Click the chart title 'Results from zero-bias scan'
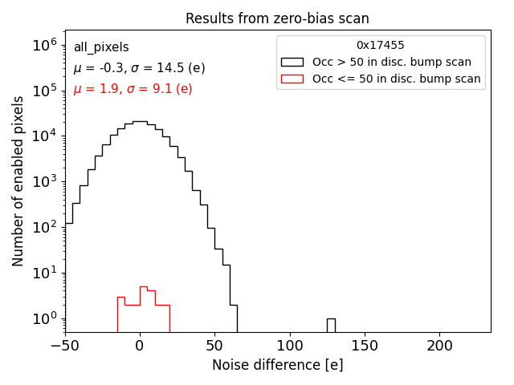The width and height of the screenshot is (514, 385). pyautogui.click(x=277, y=18)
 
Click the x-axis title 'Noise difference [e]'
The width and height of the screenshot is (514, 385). pyautogui.click(x=277, y=365)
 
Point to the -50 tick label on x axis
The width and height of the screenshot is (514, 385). pyautogui.click(x=65, y=346)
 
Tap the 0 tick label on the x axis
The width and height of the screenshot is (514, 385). pyautogui.click(x=140, y=346)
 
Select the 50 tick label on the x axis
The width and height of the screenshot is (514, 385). pyautogui.click(x=214, y=346)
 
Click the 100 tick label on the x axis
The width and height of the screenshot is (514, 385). pyautogui.click(x=290, y=346)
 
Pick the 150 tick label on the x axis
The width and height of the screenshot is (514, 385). pyautogui.click(x=365, y=346)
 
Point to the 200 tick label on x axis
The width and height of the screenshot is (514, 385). pyautogui.click(x=439, y=346)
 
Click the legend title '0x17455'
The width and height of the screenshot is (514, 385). pyautogui.click(x=381, y=46)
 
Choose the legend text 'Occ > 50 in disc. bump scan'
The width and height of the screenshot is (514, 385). pyautogui.click(x=391, y=62)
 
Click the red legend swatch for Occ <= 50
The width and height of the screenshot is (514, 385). pyautogui.click(x=292, y=79)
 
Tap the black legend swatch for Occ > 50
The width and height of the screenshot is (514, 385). pyautogui.click(x=292, y=62)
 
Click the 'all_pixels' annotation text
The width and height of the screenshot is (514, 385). pyautogui.click(x=101, y=47)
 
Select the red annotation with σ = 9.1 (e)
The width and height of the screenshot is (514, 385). pyautogui.click(x=133, y=89)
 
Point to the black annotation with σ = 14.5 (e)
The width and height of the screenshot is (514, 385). pyautogui.click(x=139, y=68)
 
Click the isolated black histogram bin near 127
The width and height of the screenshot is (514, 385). pyautogui.click(x=331, y=325)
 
